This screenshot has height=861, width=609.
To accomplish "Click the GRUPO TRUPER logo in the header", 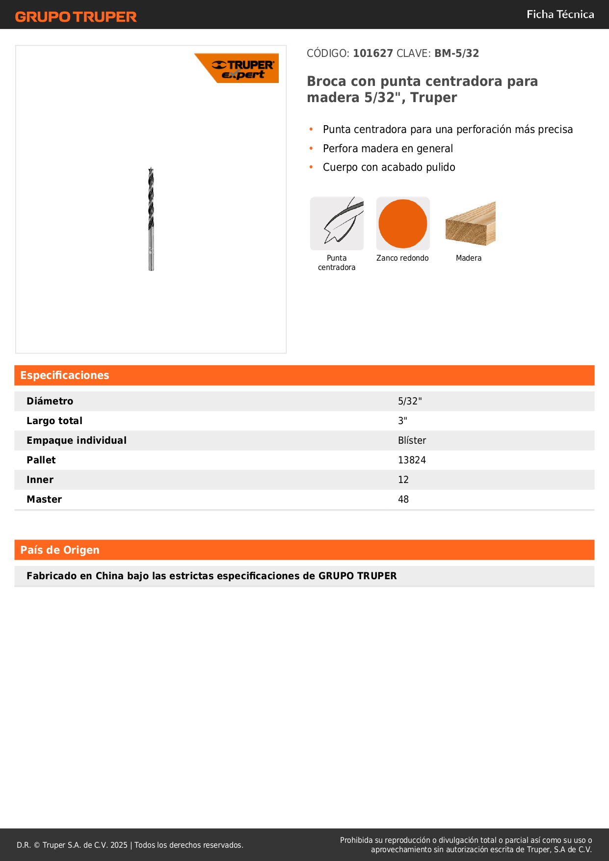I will click(x=76, y=17).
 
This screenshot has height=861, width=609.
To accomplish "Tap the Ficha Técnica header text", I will click(x=560, y=15).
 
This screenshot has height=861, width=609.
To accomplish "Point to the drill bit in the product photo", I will click(x=151, y=218).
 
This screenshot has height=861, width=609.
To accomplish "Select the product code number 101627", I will click(x=372, y=54).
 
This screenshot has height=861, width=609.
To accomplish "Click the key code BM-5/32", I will click(x=456, y=54).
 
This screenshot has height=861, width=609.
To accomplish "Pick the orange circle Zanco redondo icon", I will click(x=402, y=224).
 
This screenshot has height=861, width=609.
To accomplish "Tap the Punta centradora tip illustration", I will click(x=337, y=224).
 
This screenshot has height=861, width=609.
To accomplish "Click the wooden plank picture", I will click(x=470, y=224).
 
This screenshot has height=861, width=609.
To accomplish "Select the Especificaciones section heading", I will click(x=65, y=376).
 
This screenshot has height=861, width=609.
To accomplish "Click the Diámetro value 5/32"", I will click(x=410, y=401).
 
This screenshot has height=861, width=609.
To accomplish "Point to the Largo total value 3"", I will click(x=402, y=421).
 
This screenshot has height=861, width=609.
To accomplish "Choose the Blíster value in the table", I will click(x=412, y=440).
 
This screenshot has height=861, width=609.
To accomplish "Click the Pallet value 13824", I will click(x=412, y=460).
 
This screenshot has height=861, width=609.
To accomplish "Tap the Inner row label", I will click(x=40, y=480).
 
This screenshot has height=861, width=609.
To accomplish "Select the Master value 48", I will click(x=403, y=499).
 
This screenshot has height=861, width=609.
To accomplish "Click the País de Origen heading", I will click(x=60, y=550).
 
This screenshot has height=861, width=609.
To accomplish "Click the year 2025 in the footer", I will click(x=119, y=845).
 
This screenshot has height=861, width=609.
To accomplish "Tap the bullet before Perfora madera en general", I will click(x=311, y=148).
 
